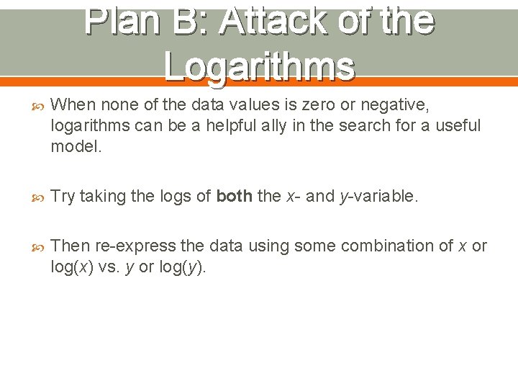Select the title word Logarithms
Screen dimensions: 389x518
[259, 66]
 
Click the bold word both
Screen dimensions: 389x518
[233, 197]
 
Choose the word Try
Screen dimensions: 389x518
[63, 197]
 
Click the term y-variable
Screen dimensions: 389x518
[378, 197]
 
